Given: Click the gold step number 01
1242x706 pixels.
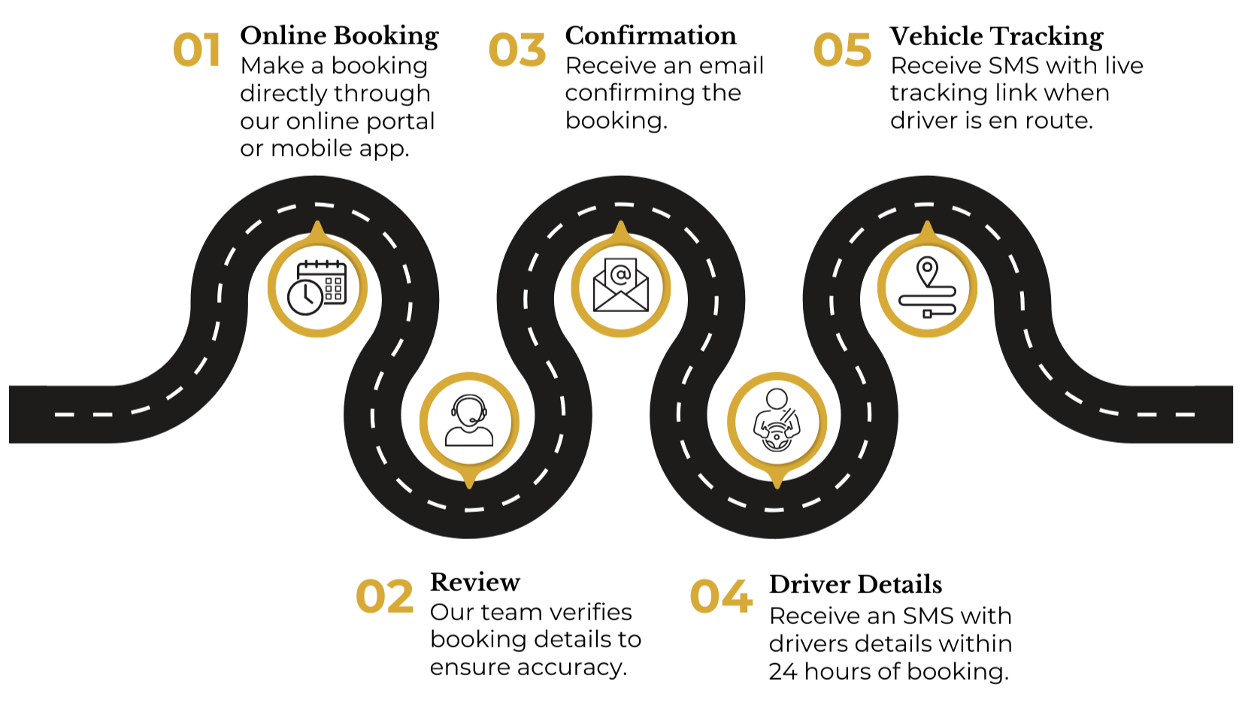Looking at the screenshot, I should coord(196,51).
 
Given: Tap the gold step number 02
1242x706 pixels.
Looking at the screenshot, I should coord(384,597).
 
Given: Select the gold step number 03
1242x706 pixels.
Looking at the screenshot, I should coord(516,51).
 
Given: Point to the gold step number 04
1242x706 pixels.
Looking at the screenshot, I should coord(720,597).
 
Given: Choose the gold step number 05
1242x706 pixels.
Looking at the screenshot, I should coord(842,51).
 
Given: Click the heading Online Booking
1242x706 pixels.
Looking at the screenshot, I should coord(339,36).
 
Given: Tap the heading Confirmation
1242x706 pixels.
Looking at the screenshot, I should coord(650,36).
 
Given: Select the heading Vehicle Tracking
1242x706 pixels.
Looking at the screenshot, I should coord(996,36).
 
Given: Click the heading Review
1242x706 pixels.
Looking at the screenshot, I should coord(474,583).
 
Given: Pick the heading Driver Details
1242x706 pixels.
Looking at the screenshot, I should coord(855,585).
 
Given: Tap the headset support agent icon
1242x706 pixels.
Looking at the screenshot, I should coord(469,421).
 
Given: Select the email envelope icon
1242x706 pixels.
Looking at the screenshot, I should coord(620,286).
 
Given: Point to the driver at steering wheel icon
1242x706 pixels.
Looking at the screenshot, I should coord(777,421).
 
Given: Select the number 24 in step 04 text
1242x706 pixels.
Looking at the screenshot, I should coord(783,671).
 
